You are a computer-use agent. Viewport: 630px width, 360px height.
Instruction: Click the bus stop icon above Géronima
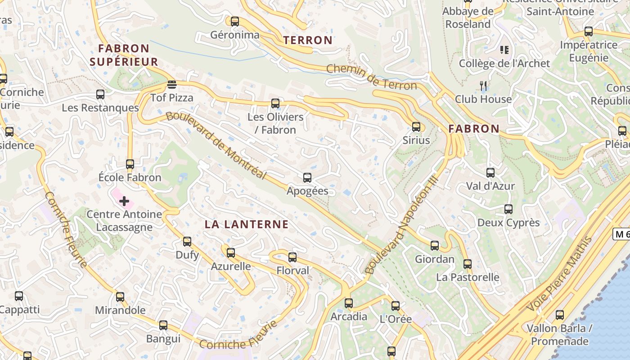point(234,21)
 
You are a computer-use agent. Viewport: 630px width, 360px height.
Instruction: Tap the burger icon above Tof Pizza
point(171,84)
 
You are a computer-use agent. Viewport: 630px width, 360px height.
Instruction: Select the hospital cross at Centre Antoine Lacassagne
point(124,201)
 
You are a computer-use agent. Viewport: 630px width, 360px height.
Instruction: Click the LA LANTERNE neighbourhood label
point(247,224)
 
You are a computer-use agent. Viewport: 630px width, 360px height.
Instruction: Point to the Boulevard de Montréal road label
point(216,146)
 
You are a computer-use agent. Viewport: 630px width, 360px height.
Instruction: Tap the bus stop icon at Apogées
point(307,177)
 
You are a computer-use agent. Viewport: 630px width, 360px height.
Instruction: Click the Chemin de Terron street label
point(371,77)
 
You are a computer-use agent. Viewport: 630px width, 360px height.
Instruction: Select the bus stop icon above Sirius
point(416,126)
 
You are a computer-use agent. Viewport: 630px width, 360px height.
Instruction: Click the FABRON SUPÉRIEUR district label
point(124,55)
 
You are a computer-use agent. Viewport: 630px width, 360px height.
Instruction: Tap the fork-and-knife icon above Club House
point(483,85)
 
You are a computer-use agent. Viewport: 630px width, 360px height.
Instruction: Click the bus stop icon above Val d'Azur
point(490,172)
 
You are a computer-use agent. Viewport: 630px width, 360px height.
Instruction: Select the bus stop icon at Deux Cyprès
point(508,209)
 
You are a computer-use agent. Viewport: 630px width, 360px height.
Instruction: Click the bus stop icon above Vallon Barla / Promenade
point(560,315)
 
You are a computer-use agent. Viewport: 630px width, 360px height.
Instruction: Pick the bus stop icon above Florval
point(292,257)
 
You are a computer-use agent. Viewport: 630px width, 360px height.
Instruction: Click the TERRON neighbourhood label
point(308,40)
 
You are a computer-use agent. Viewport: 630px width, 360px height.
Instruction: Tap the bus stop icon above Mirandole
point(120,297)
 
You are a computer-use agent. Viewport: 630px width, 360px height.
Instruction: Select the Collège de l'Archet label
point(504,63)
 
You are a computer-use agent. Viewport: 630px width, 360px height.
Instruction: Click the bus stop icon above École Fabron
point(130,164)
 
